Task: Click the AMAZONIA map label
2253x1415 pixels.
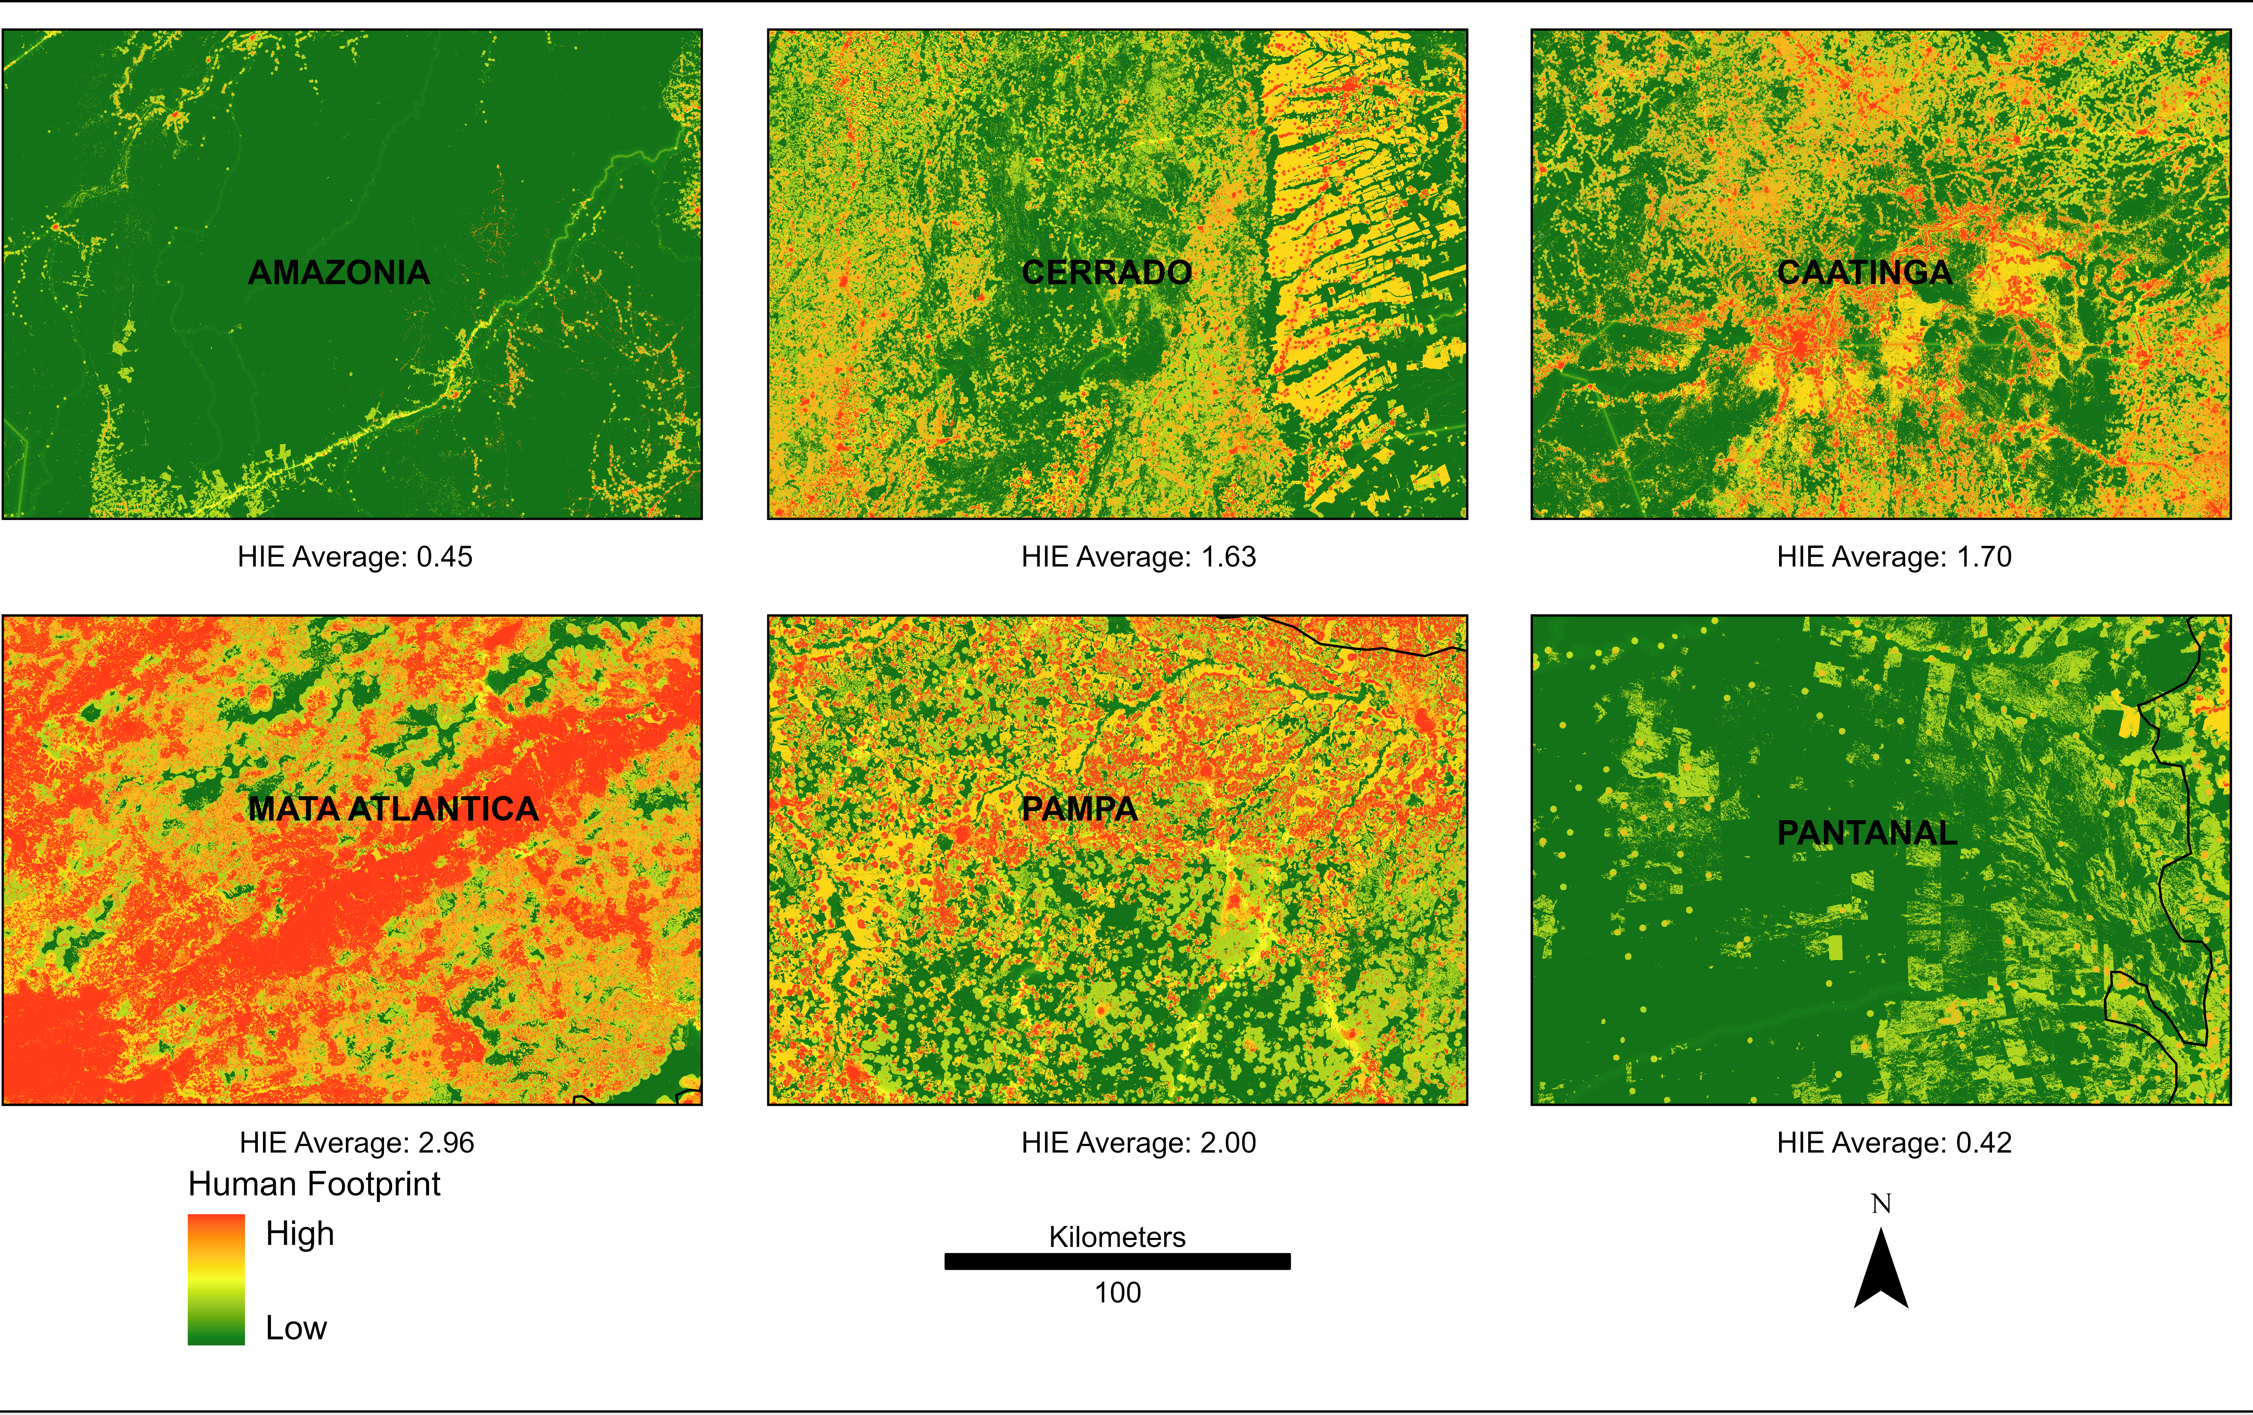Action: (x=339, y=272)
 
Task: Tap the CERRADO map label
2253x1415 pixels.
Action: (x=1107, y=272)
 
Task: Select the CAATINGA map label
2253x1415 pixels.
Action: (x=1865, y=272)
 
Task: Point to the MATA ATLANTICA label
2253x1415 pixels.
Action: (x=393, y=809)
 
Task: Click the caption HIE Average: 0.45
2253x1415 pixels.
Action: (x=354, y=557)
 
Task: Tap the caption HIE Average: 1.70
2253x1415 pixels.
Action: (x=1894, y=557)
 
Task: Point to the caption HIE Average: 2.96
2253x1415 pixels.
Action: (x=357, y=1143)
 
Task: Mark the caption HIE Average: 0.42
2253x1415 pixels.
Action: (x=1894, y=1143)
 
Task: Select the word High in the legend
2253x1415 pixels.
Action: (x=299, y=1234)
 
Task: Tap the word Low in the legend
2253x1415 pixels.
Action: (x=296, y=1328)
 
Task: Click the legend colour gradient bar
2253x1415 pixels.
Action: (x=216, y=1279)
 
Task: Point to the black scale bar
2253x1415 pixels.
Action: (x=1117, y=1261)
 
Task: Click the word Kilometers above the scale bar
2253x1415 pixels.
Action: (x=1117, y=1237)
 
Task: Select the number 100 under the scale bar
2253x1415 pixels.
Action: (x=1117, y=1292)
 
